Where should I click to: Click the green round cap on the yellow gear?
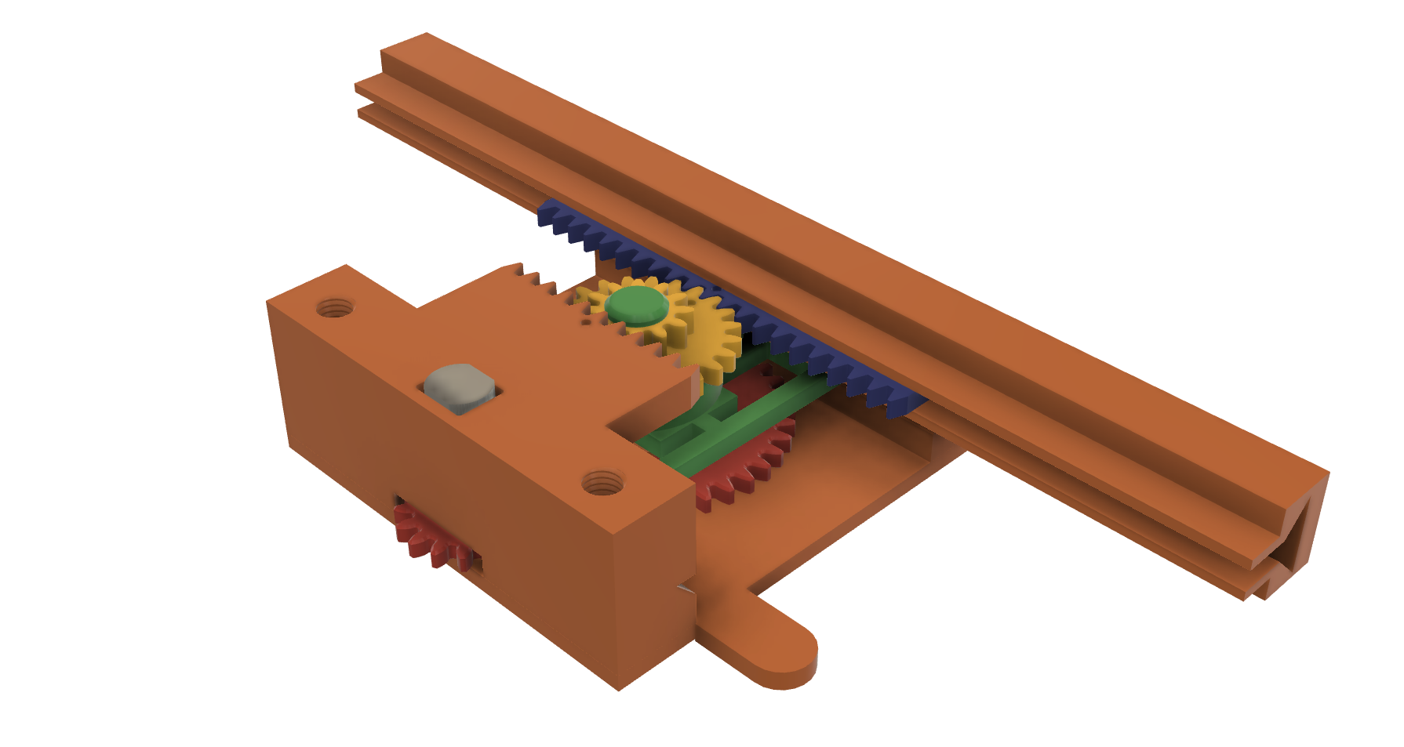click(x=637, y=306)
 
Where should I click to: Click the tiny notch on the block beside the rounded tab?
click(x=685, y=586)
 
